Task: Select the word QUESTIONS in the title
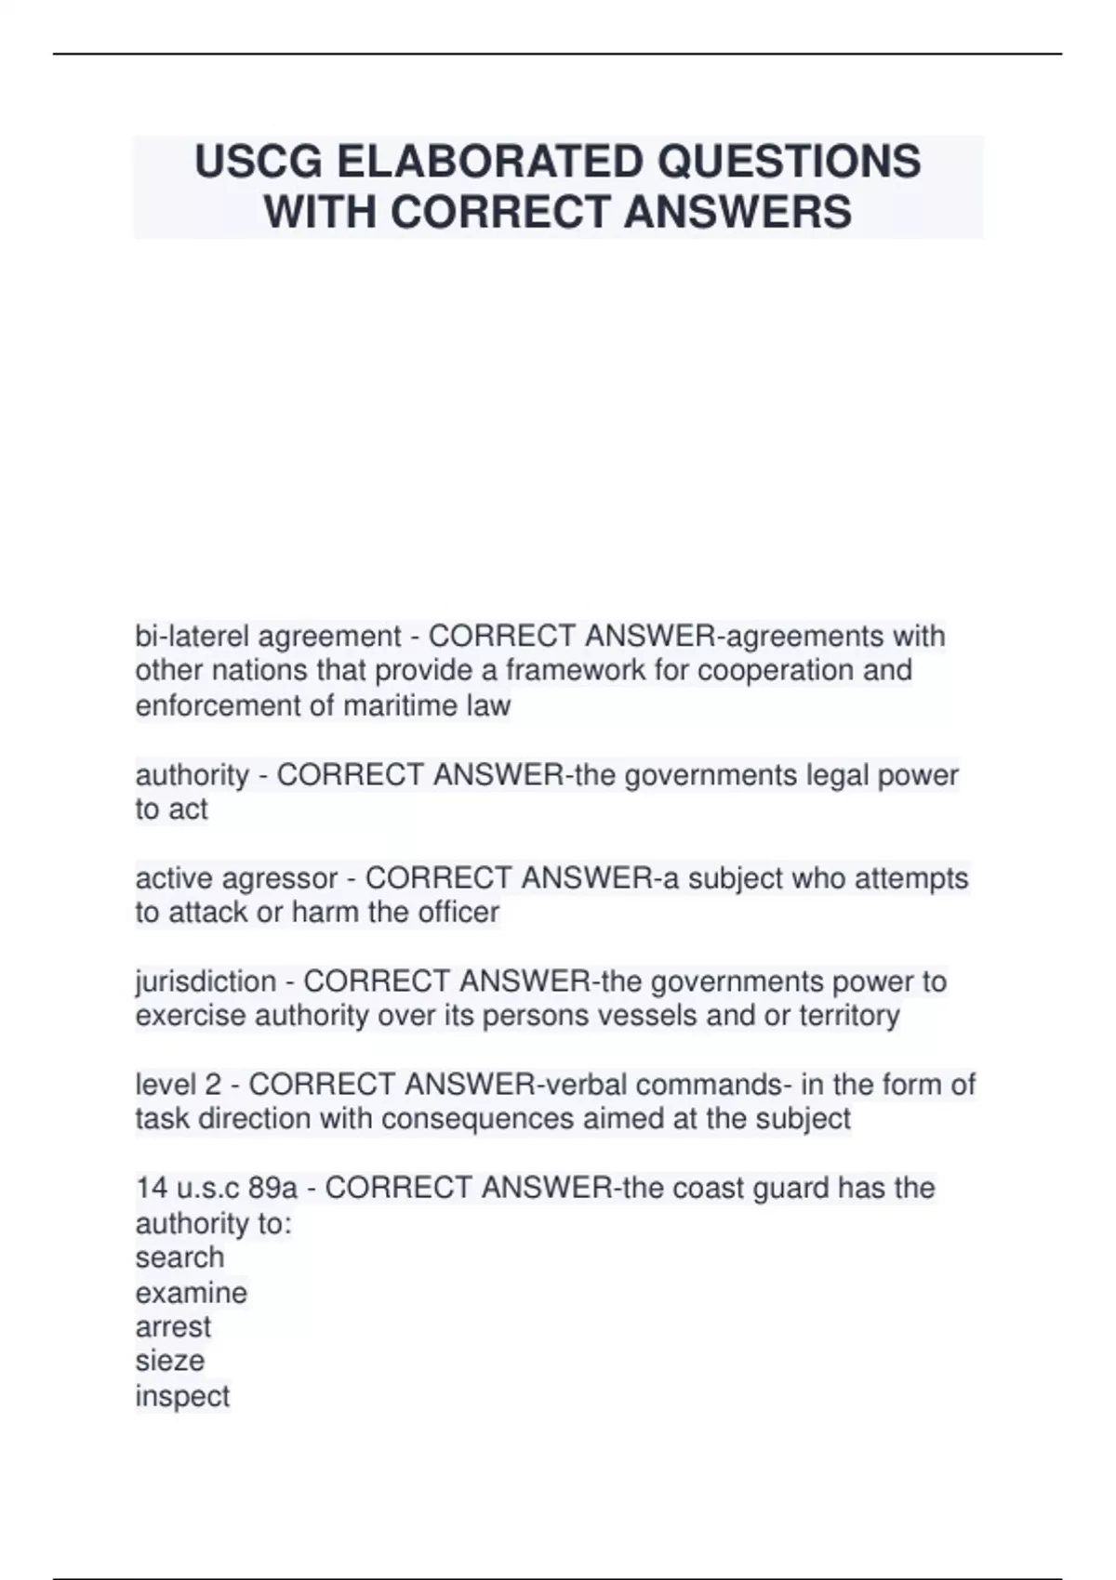click(790, 162)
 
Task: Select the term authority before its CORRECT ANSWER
click(192, 775)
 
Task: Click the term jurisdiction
click(206, 981)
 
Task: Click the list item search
click(179, 1257)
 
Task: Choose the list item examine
click(192, 1293)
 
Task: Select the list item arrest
click(173, 1327)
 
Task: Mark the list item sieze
click(169, 1362)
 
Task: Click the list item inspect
click(182, 1396)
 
